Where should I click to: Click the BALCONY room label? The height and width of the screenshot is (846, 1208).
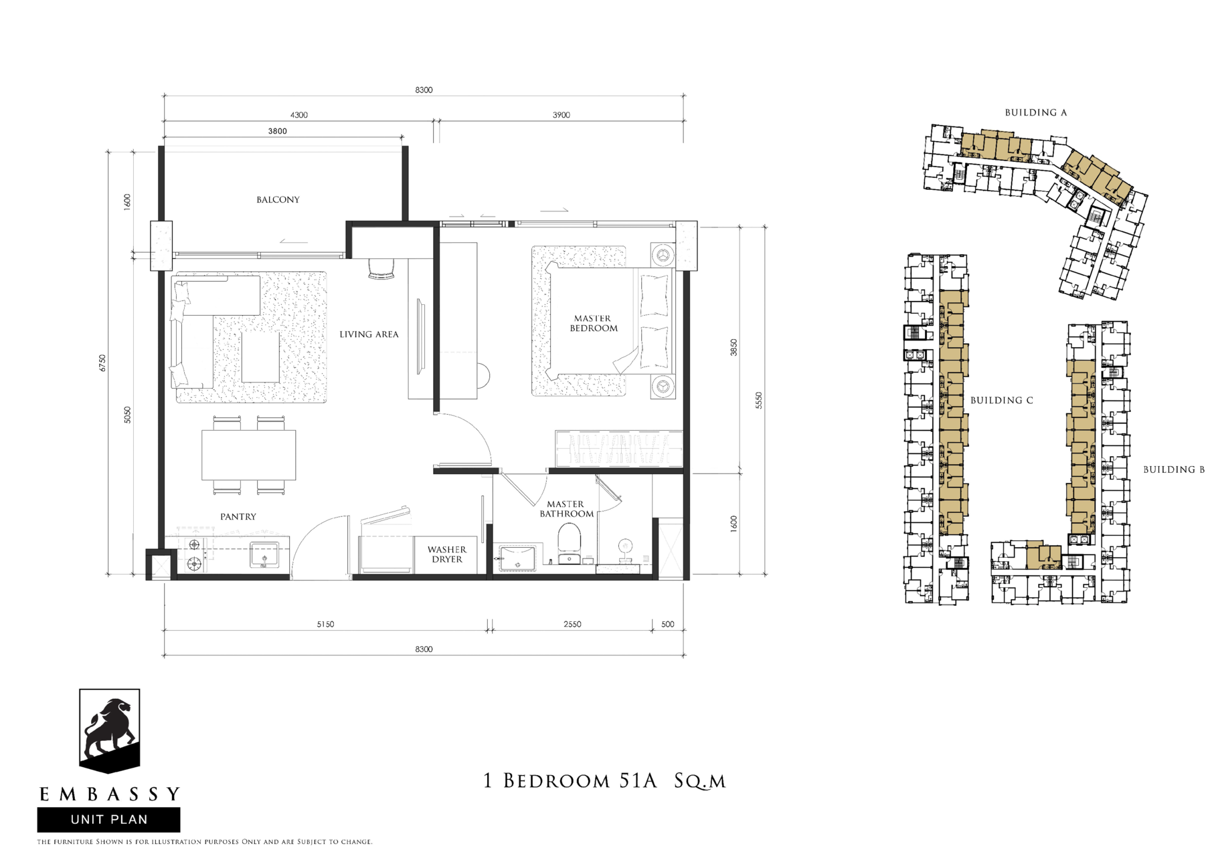click(278, 200)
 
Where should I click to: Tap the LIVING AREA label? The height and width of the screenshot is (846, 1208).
click(369, 334)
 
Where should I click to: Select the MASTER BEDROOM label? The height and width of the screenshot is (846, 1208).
click(594, 324)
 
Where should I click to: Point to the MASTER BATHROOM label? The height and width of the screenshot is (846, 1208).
click(566, 509)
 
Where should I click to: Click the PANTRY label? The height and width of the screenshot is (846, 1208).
click(238, 517)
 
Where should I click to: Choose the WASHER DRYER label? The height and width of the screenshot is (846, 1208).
click(447, 554)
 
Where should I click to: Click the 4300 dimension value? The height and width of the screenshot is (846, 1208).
click(298, 115)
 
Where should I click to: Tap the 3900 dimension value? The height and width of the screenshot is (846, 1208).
click(562, 115)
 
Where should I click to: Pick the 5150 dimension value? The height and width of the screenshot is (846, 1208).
click(325, 625)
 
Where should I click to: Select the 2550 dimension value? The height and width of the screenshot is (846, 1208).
click(572, 625)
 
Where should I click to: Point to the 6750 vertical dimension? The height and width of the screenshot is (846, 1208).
click(102, 363)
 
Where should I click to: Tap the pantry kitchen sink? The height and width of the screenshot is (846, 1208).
click(264, 555)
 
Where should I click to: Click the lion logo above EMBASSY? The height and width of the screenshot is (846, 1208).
click(110, 731)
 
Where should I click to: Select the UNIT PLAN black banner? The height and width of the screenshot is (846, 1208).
click(108, 820)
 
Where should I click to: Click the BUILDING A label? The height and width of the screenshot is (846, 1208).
click(1036, 113)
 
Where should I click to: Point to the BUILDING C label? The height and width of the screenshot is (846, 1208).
click(1002, 401)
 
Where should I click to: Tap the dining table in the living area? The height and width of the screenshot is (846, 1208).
click(249, 455)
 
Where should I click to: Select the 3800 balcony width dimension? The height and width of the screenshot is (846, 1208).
click(278, 131)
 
